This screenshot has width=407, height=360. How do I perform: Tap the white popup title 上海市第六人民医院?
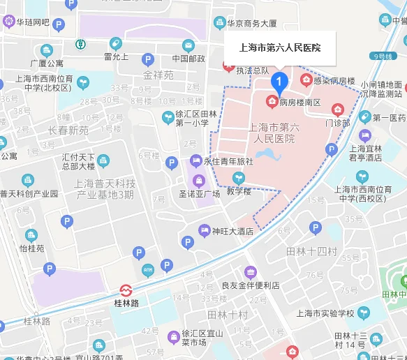pyautogui.click(x=275, y=48)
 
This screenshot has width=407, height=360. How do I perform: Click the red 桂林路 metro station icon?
pyautogui.click(x=126, y=290)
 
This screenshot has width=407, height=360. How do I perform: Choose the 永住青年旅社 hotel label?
pyautogui.click(x=228, y=161)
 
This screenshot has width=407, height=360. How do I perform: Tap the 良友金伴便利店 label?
pyautogui.click(x=250, y=285)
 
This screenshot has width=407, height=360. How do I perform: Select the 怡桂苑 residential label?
pyautogui.click(x=31, y=248)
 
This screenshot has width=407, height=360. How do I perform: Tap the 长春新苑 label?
pyautogui.click(x=68, y=130)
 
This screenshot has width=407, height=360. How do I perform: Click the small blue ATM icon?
pyautogui.click(x=148, y=269)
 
